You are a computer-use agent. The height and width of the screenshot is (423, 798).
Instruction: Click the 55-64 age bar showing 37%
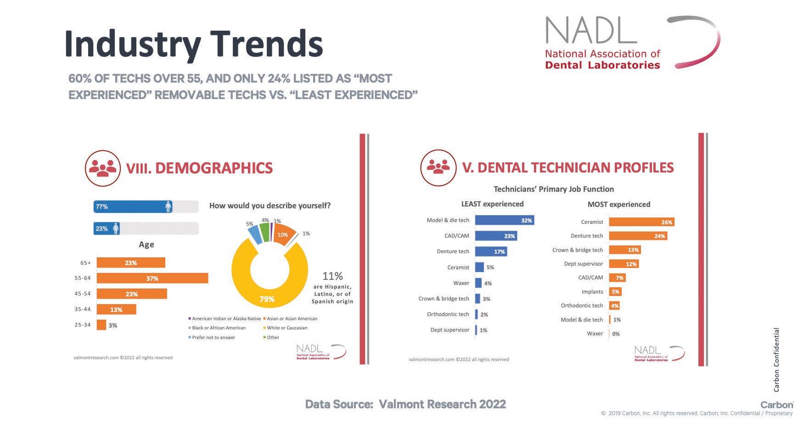pyautogui.click(x=152, y=278)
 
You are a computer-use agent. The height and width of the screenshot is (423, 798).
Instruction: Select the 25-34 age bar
pyautogui.click(x=101, y=325)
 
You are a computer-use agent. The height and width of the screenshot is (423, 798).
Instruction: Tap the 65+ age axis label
pyautogui.click(x=85, y=263)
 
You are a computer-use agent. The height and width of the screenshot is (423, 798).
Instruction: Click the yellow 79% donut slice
pyautogui.click(x=266, y=294)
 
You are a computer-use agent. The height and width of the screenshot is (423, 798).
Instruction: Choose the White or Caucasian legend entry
pyautogui.click(x=287, y=328)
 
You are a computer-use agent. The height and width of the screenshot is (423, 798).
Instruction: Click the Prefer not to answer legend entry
pyautogui.click(x=214, y=337)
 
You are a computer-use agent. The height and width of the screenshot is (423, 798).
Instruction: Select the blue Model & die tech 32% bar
pyautogui.click(x=504, y=220)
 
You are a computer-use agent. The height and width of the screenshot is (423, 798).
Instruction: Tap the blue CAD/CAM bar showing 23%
pyautogui.click(x=495, y=236)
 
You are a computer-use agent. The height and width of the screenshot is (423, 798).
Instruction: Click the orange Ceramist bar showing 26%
pyautogui.click(x=641, y=222)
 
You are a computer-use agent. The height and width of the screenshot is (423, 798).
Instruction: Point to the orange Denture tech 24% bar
pyautogui.click(x=638, y=236)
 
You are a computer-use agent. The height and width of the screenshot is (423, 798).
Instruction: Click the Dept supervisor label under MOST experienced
pyautogui.click(x=583, y=264)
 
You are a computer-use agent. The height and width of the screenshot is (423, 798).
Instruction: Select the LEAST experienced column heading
pyautogui.click(x=492, y=204)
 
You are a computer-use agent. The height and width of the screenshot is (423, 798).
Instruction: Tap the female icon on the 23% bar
pyautogui.click(x=116, y=228)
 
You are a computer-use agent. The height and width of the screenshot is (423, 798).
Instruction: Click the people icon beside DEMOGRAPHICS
pyautogui.click(x=103, y=168)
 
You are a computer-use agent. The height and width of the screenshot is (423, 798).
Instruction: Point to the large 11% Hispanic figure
pyautogui.click(x=332, y=276)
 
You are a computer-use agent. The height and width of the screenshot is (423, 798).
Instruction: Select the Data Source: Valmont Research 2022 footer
pyautogui.click(x=405, y=404)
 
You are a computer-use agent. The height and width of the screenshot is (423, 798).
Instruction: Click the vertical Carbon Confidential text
pyautogui.click(x=776, y=360)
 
